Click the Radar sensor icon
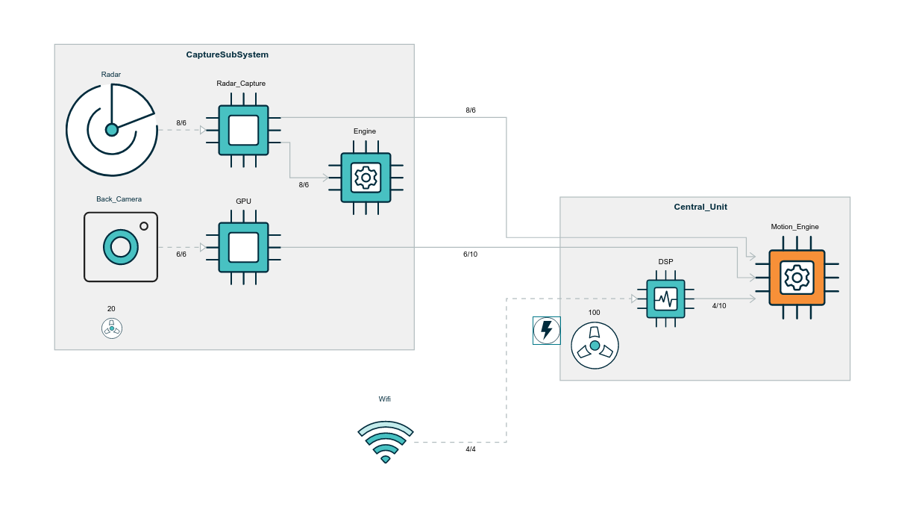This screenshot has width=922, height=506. pos(112,130)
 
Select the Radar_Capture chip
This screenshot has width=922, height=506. pos(243,130)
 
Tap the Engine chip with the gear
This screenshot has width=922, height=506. pos(366,178)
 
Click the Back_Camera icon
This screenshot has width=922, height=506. pos(121,247)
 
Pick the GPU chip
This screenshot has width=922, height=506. pos(243,248)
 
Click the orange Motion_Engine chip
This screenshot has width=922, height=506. pos(797,278)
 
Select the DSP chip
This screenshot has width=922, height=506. pos(665,299)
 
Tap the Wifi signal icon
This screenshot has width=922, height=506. pos(385,442)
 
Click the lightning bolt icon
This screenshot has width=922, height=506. pos(547,330)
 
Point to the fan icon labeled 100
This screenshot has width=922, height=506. pos(595,346)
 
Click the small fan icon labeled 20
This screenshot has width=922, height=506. pos(112,328)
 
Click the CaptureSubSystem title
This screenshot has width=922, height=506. pos(228,54)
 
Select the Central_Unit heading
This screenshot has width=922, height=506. pos(700,207)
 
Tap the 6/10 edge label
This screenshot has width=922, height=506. pos(471,254)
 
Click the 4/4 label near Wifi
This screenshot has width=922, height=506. pos(471,449)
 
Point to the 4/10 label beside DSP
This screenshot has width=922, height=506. pos(719,306)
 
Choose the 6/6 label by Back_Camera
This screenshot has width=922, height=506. pos(181,254)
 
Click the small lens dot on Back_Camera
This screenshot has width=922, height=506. pos(144,226)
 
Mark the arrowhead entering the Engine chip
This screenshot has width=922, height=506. pos(325,178)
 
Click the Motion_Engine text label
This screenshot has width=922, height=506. pos(794,227)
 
